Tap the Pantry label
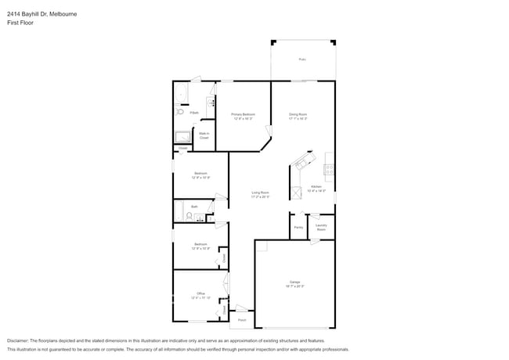(x=298, y=227)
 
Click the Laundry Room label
(x=321, y=227)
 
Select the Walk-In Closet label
(x=204, y=135)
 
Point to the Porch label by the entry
(x=242, y=320)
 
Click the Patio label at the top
(x=302, y=59)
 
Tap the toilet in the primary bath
(x=180, y=112)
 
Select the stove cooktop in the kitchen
(x=329, y=169)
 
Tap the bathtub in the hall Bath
(x=179, y=211)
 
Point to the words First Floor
(x=20, y=23)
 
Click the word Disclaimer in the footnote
(x=17, y=341)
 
